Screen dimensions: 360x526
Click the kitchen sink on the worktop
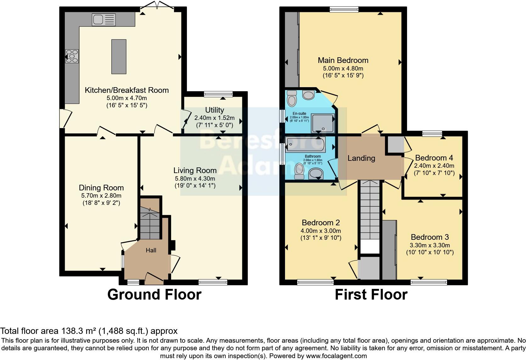(x=104, y=20)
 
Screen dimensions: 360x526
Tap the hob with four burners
(x=72, y=57)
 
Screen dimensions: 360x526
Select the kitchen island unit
(x=119, y=57)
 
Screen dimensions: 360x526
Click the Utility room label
(x=215, y=110)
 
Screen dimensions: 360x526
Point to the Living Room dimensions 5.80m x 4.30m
(x=195, y=178)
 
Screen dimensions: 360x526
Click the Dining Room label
(x=101, y=188)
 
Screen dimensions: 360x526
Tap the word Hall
(x=151, y=250)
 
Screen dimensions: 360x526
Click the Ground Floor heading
(x=154, y=295)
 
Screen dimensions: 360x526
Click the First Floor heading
(x=371, y=295)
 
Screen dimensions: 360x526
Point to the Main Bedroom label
(x=343, y=60)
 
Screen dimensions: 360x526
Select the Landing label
(x=361, y=158)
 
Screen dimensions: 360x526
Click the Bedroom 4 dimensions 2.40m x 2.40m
(x=434, y=166)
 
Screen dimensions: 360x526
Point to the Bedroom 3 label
(x=430, y=237)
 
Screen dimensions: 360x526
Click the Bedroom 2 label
(x=321, y=223)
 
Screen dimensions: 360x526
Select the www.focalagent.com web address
(x=337, y=356)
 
